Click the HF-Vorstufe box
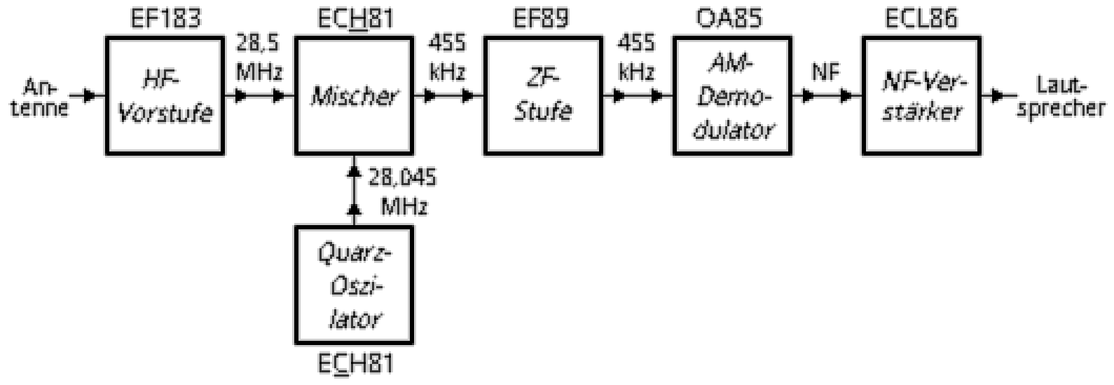[x=164, y=96]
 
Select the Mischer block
[x=353, y=96]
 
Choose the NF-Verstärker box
[x=921, y=96]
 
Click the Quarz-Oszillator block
[x=353, y=286]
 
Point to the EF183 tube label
[x=165, y=18]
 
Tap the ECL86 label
[x=921, y=18]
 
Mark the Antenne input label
[x=46, y=97]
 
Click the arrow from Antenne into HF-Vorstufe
[x=90, y=95]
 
